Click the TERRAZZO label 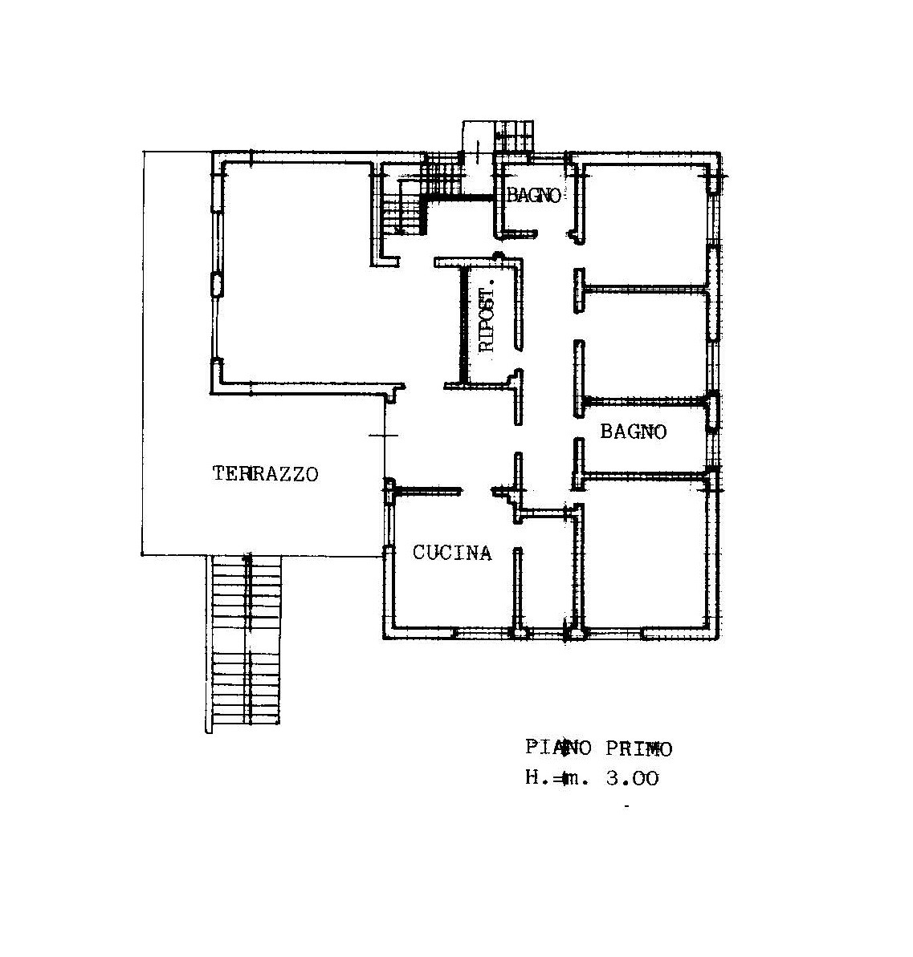(x=265, y=473)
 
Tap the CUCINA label (x=451, y=553)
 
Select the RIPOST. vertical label (x=487, y=319)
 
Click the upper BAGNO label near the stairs (x=533, y=195)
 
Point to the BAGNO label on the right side (x=633, y=432)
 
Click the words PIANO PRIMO (x=598, y=748)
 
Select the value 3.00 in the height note (x=632, y=778)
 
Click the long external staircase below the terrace (x=247, y=641)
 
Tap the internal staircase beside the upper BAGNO (x=422, y=194)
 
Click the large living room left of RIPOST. (x=306, y=274)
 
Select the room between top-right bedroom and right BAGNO (x=645, y=345)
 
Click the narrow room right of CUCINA (x=546, y=574)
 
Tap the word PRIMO (x=638, y=748)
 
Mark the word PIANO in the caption (x=559, y=748)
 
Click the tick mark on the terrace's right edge (x=384, y=436)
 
